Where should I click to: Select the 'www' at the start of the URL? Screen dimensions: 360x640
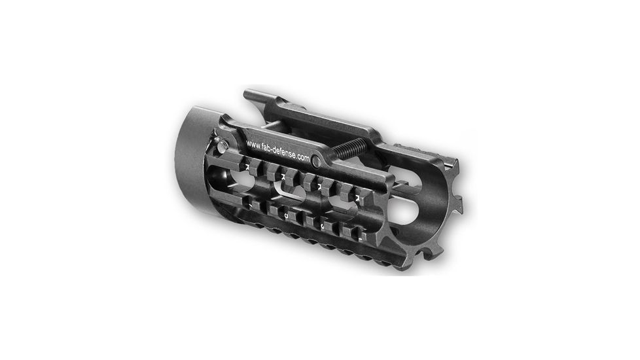pos(253,141)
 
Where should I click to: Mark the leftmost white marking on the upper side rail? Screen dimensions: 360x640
pos(247,168)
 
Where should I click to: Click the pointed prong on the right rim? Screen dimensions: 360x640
pos(467,196)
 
